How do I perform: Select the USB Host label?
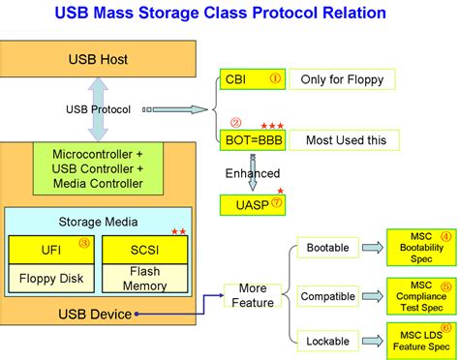99,58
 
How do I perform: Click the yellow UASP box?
254,204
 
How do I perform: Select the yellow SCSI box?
143,250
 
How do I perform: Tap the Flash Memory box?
143,278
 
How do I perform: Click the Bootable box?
327,248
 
